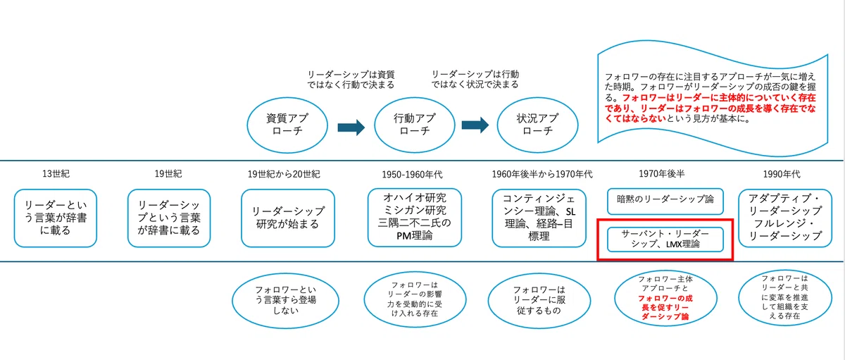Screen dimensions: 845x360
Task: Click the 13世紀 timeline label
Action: pos(56,173)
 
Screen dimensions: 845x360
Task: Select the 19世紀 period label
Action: pos(168,173)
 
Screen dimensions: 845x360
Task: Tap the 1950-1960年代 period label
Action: pos(412,174)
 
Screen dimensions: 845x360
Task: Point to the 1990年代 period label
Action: pos(781,174)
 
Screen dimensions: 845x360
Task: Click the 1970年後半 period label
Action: pos(661,173)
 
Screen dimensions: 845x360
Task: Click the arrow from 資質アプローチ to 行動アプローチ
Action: pos(351,128)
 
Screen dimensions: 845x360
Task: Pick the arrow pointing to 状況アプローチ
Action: pos(475,125)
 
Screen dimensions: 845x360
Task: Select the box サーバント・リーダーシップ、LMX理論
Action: pos(665,240)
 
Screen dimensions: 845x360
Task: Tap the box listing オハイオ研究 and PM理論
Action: pos(415,218)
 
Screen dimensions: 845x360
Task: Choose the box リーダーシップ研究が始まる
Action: pos(288,218)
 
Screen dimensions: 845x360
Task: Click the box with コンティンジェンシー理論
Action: pos(539,218)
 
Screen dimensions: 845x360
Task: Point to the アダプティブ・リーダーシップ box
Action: pos(785,218)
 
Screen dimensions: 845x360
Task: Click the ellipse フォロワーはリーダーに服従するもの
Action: pos(539,300)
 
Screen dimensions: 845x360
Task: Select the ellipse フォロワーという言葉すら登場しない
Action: pos(286,300)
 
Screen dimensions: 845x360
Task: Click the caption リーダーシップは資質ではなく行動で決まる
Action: pos(351,79)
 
